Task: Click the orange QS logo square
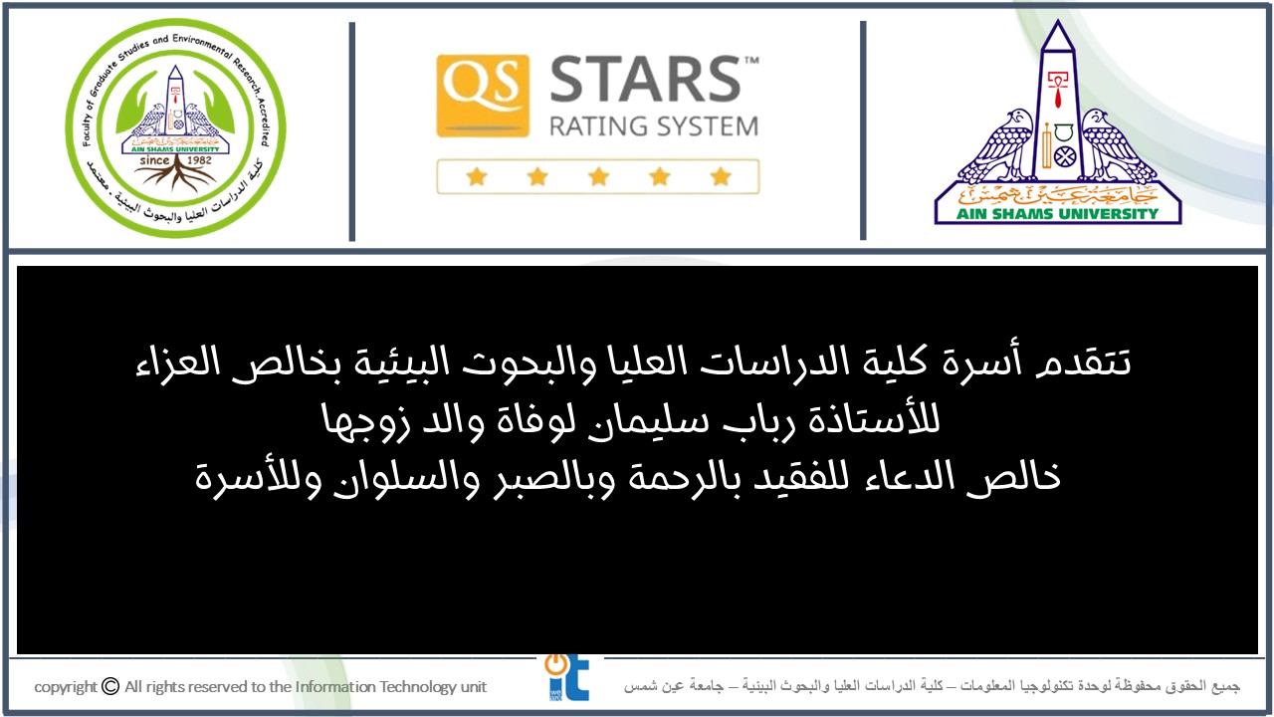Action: pyautogui.click(x=483, y=96)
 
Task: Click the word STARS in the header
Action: pyautogui.click(x=646, y=79)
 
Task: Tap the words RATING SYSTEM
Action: pyautogui.click(x=654, y=126)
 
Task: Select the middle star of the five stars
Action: pyautogui.click(x=598, y=176)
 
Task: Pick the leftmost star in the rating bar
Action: pyautogui.click(x=477, y=176)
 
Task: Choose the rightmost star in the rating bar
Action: pyautogui.click(x=721, y=176)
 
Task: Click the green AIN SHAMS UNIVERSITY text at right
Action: pyautogui.click(x=1057, y=214)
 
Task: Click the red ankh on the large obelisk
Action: pyautogui.click(x=1057, y=90)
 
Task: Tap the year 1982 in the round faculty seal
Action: pyautogui.click(x=199, y=160)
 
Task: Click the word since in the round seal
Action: pyautogui.click(x=154, y=160)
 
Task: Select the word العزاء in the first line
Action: pyautogui.click(x=177, y=364)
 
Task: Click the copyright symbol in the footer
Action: pyautogui.click(x=110, y=686)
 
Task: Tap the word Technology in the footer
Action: pyautogui.click(x=417, y=687)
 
